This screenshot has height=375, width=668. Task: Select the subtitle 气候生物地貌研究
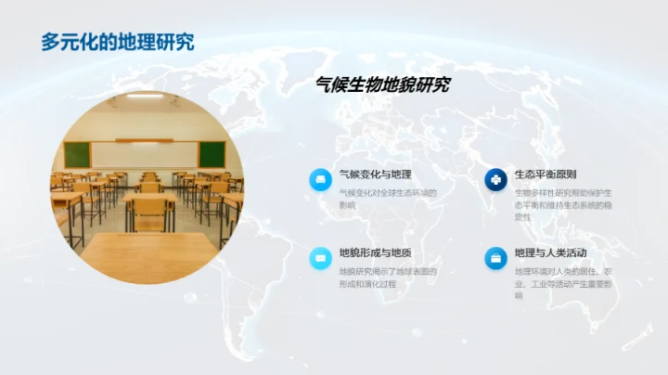pos(383,85)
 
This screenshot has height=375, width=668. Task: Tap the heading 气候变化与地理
pos(375,175)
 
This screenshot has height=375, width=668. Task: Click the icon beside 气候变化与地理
pos(320,179)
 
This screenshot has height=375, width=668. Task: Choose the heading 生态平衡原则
pos(546,175)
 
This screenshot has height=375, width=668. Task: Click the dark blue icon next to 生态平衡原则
pos(495,179)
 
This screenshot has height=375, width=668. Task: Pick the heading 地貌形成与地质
pos(375,252)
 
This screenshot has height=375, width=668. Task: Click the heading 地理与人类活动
pos(551,252)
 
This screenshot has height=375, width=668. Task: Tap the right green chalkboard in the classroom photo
pos(212,153)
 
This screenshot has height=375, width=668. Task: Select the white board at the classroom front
pos(145,153)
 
